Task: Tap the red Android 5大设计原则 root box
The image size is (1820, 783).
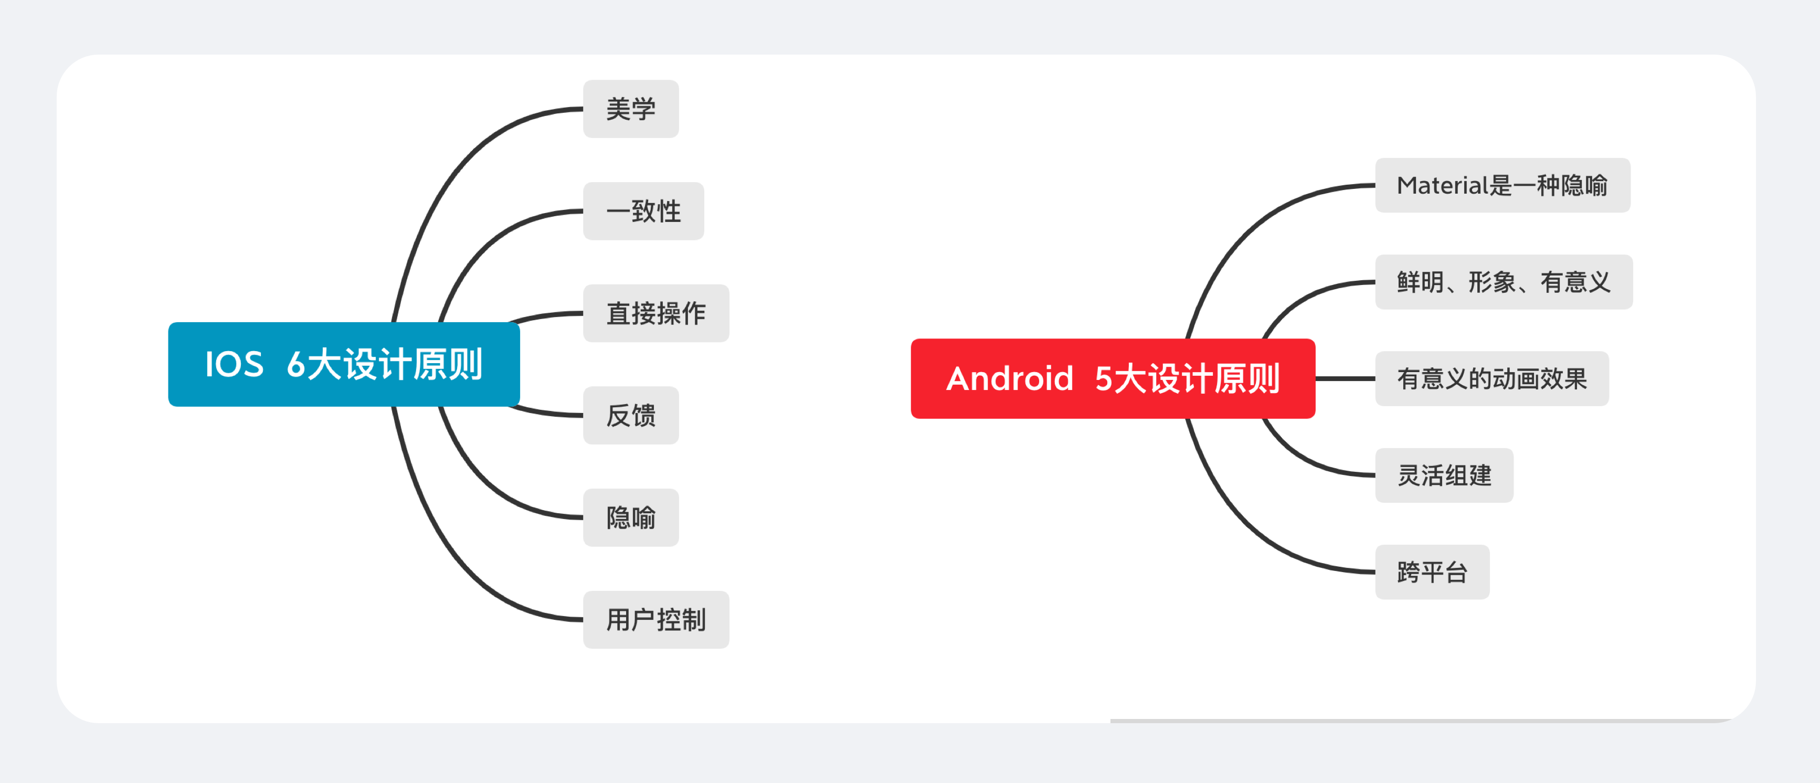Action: point(1112,379)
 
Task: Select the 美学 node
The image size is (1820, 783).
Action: point(630,109)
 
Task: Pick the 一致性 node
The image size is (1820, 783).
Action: point(643,211)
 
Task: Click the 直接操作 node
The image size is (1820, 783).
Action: point(655,313)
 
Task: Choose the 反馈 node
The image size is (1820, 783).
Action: point(630,416)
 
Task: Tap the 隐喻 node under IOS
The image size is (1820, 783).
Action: point(630,517)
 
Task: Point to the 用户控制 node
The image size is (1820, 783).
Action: point(655,620)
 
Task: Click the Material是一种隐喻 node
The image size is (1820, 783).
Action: point(1502,185)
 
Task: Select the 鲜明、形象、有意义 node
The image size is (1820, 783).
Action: point(1504,282)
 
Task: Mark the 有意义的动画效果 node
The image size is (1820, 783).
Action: point(1491,379)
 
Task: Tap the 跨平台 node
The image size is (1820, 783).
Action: point(1432,572)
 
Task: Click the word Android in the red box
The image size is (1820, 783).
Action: point(1010,379)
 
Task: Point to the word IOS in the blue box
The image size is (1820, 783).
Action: point(234,365)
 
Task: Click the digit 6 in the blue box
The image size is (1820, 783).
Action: point(295,365)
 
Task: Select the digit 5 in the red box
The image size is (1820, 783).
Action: point(1104,379)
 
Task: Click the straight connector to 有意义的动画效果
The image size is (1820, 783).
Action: point(1345,379)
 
